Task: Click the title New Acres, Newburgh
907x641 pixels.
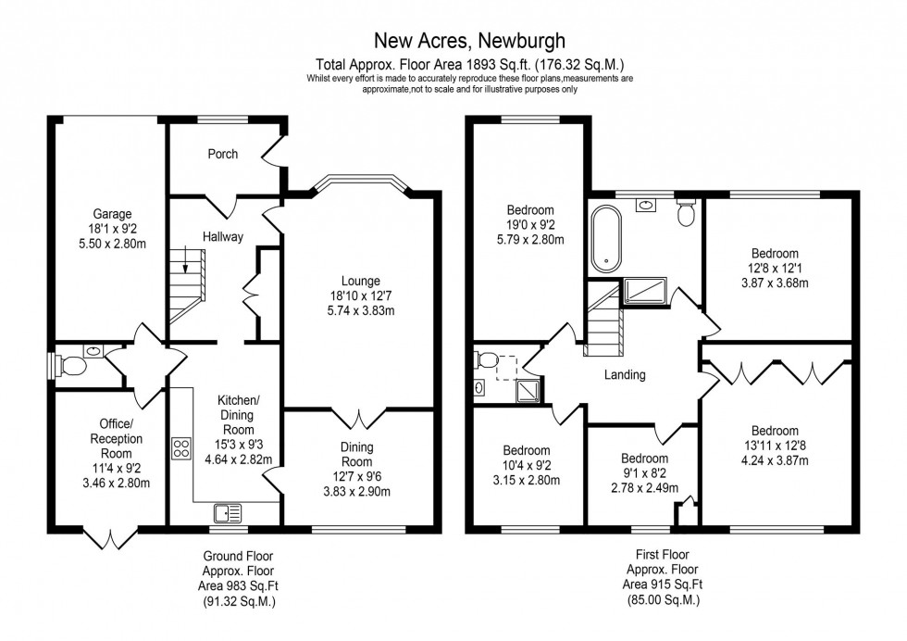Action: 469,41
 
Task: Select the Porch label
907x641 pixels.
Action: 222,154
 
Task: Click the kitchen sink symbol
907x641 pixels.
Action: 227,510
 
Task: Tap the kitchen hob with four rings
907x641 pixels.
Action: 180,446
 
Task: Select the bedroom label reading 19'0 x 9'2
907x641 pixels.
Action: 528,224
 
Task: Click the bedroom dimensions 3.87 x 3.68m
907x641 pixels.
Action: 775,283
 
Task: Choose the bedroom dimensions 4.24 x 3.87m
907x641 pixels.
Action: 776,460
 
